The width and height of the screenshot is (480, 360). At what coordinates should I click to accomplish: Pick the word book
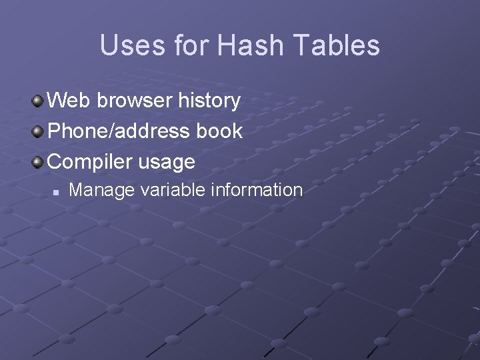[x=219, y=131]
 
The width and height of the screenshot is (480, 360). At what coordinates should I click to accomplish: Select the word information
[x=257, y=190]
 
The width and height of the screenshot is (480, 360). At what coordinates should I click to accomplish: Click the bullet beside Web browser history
[x=39, y=101]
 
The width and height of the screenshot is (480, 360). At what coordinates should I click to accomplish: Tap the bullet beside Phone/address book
[x=39, y=131]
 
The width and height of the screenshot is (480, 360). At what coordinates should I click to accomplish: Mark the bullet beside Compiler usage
[x=39, y=162]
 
